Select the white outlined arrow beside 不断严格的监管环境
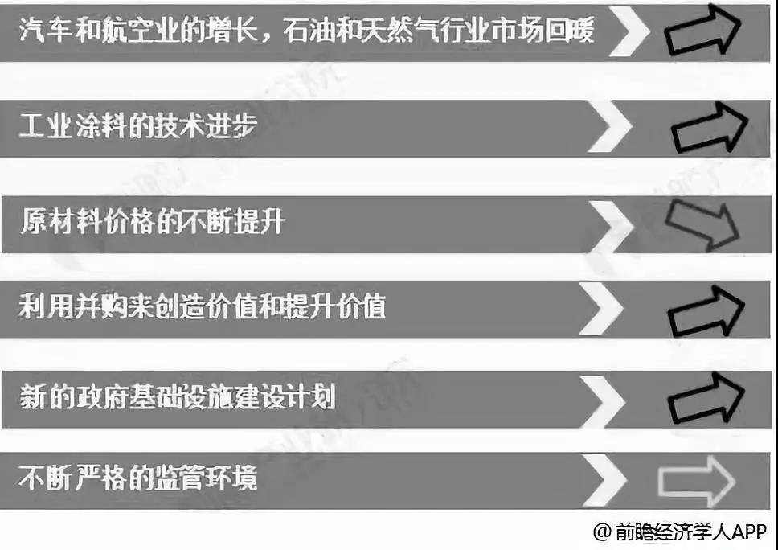695,481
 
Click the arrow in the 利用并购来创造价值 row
706,311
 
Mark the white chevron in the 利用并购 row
600,310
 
